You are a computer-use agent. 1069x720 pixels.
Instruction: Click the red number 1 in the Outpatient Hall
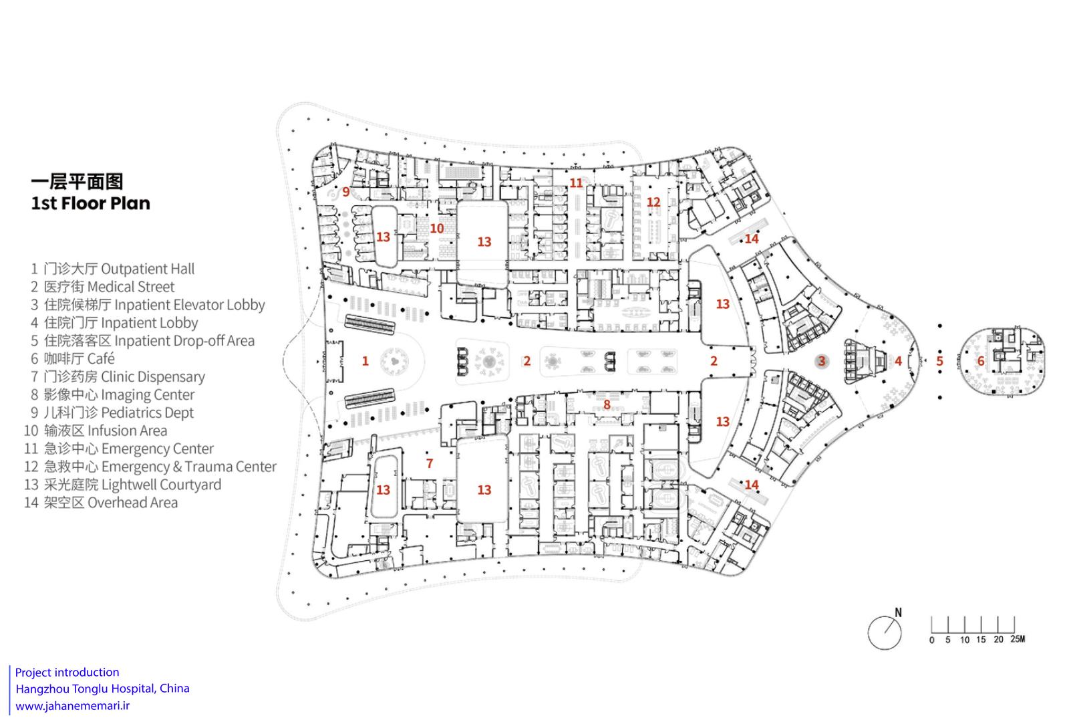pyautogui.click(x=365, y=361)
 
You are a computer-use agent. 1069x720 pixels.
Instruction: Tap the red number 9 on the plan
pyautogui.click(x=346, y=193)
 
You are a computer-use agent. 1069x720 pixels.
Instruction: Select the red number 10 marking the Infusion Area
pyautogui.click(x=437, y=229)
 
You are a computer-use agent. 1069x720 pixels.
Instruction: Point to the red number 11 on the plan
pyautogui.click(x=576, y=183)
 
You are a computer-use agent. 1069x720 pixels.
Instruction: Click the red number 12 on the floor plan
pyautogui.click(x=653, y=202)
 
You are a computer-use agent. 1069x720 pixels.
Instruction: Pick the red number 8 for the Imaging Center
pyautogui.click(x=607, y=405)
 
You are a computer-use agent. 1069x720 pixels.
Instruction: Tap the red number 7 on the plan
pyautogui.click(x=430, y=463)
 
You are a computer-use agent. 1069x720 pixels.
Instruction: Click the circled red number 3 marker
pyautogui.click(x=821, y=361)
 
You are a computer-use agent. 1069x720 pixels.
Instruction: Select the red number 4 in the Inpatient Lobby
pyautogui.click(x=898, y=361)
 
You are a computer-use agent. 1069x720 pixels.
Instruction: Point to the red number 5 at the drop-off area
pyautogui.click(x=939, y=361)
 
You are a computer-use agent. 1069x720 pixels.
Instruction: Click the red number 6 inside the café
pyautogui.click(x=981, y=361)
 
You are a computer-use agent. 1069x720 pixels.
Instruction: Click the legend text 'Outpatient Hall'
pyautogui.click(x=148, y=269)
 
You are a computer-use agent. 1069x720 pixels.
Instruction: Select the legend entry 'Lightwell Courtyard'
pyautogui.click(x=161, y=485)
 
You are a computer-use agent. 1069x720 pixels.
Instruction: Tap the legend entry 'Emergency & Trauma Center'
pyautogui.click(x=189, y=467)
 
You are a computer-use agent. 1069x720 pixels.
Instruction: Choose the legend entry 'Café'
pyautogui.click(x=101, y=358)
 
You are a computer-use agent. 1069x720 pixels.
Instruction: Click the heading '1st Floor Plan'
pyautogui.click(x=91, y=203)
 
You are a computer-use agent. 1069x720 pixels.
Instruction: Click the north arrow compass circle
pyautogui.click(x=885, y=632)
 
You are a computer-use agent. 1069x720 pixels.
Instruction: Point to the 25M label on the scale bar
pyautogui.click(x=1018, y=639)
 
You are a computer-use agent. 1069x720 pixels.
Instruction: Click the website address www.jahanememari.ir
pyautogui.click(x=73, y=705)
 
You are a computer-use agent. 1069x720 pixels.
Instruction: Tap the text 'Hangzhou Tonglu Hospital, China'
pyautogui.click(x=103, y=689)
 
